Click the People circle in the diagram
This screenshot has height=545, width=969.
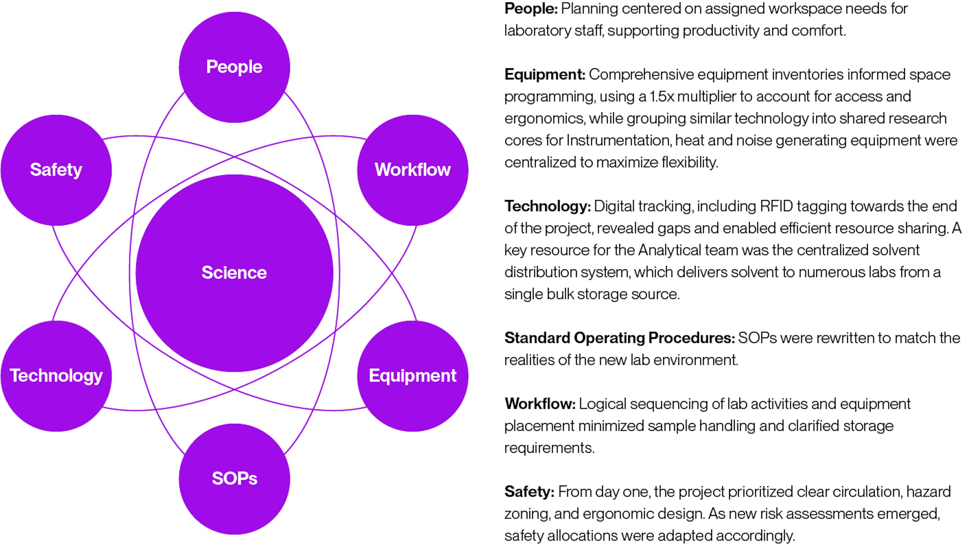click(234, 67)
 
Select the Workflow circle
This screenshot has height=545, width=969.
click(413, 170)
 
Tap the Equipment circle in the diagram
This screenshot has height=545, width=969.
click(413, 376)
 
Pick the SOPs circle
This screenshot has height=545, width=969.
click(234, 479)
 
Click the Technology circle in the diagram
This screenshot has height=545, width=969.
click(56, 376)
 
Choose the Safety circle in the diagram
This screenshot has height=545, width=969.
click(56, 170)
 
